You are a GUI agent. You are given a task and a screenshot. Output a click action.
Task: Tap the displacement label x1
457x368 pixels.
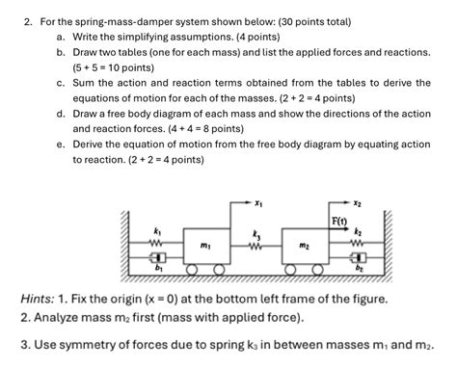point(259,202)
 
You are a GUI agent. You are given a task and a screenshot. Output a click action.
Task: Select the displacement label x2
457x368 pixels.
point(358,202)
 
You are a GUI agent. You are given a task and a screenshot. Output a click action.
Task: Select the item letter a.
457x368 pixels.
point(60,36)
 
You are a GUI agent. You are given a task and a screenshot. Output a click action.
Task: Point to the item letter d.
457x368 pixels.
point(60,113)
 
